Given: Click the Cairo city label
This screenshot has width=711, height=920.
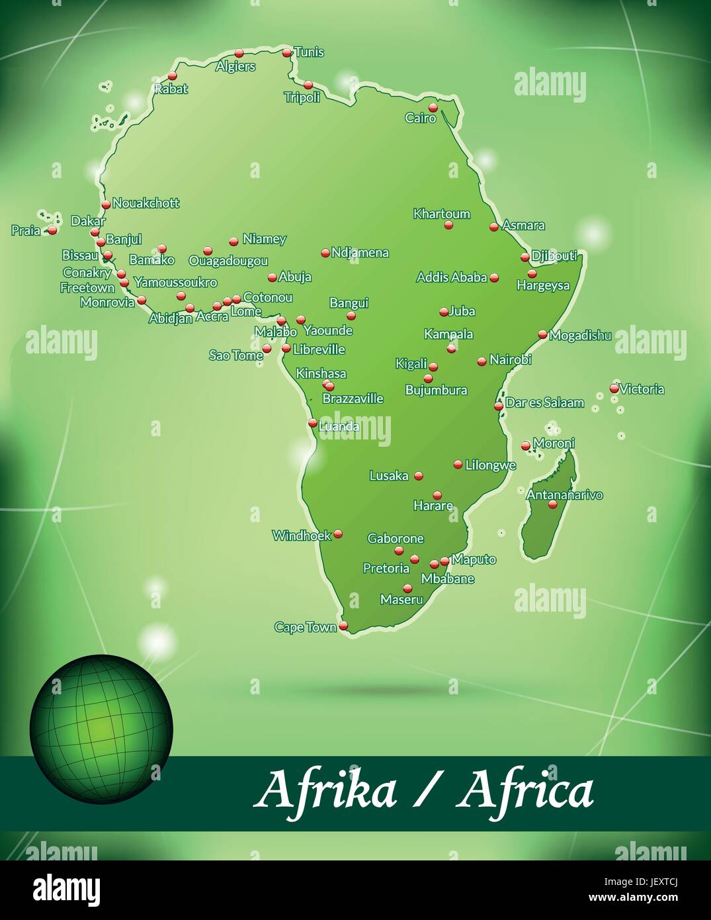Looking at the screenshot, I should (x=421, y=118).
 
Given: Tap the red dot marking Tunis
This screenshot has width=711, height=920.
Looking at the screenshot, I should (x=287, y=53).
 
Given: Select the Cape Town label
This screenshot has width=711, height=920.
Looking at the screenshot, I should (x=306, y=627).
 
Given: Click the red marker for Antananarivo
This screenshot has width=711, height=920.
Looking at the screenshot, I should (x=553, y=504).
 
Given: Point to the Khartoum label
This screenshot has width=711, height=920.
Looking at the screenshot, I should (x=442, y=214).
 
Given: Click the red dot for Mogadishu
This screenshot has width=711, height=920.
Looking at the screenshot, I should (x=542, y=335).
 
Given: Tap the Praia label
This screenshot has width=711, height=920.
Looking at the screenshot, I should (x=26, y=231).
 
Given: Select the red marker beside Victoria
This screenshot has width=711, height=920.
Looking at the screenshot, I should (x=614, y=389).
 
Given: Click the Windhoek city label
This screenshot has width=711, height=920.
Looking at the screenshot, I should (x=302, y=535).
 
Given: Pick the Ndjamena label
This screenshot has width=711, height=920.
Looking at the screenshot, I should (x=360, y=252).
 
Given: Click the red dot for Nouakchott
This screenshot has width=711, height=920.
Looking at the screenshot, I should (x=106, y=204).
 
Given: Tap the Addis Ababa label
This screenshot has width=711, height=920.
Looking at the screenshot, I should (x=452, y=277).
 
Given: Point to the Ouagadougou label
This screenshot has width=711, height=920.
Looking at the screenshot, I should (x=228, y=261).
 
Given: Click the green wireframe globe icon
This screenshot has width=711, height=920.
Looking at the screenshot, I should (x=101, y=729).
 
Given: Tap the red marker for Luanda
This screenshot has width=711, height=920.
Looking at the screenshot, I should (x=313, y=422).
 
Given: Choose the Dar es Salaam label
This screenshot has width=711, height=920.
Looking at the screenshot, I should (x=544, y=402).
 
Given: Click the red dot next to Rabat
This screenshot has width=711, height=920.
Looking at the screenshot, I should (x=173, y=76).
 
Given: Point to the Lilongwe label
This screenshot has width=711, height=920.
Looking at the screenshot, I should (x=490, y=465).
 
